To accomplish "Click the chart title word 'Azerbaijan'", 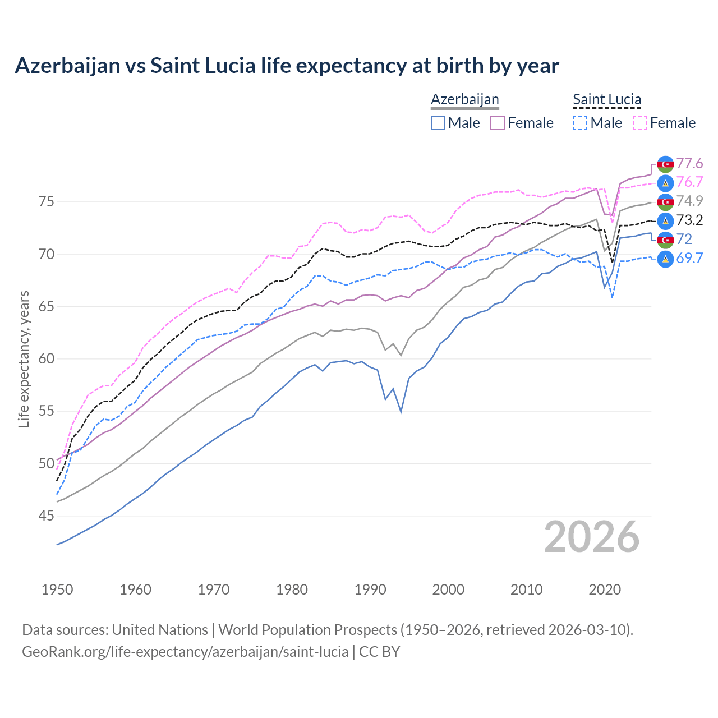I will tap(67, 66).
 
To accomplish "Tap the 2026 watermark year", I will tap(591, 537).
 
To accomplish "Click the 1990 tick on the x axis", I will tap(370, 590).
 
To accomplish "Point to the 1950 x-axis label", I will tap(57, 590).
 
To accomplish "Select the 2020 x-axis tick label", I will tap(605, 590).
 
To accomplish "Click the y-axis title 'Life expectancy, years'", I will tap(24, 359).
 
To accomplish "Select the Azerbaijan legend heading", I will tap(464, 99).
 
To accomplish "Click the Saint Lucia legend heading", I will tap(606, 99).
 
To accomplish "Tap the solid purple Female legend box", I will tap(498, 123).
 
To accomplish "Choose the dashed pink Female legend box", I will tap(639, 123).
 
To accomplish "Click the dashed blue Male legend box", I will tap(580, 123).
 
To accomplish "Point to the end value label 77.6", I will tap(689, 163).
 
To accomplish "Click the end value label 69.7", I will tap(689, 258).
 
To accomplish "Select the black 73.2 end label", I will tap(689, 220).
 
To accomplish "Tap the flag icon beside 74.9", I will tap(665, 201).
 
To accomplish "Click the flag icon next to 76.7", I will tap(665, 182).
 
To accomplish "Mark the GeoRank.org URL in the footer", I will tap(185, 652).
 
